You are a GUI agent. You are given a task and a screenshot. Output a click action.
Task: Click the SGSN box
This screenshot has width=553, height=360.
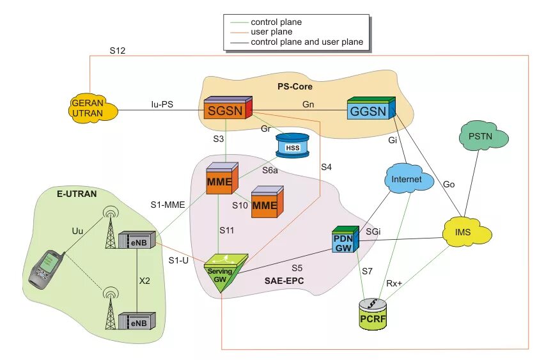[x=228, y=107]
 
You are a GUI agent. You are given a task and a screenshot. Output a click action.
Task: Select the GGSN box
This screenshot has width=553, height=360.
[x=371, y=108]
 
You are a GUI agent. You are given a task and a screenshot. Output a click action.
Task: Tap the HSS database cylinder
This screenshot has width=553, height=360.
[x=292, y=145]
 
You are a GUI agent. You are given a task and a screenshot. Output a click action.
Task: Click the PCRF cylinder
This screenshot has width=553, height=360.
[x=373, y=315]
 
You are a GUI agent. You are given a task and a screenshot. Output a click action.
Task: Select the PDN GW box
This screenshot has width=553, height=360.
[x=345, y=239]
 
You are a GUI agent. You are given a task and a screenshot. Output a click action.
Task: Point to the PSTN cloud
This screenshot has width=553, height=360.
[x=483, y=136]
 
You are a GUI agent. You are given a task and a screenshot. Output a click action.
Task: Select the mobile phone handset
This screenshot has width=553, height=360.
[x=46, y=269]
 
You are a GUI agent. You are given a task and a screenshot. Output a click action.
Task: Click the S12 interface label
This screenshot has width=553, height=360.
[x=118, y=51]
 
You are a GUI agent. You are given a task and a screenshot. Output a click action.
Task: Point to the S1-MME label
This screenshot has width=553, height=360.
[x=167, y=205]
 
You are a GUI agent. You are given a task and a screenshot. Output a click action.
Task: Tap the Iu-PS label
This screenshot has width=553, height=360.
[x=162, y=104]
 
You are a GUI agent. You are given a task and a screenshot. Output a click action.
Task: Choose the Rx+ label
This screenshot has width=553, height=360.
[x=394, y=283]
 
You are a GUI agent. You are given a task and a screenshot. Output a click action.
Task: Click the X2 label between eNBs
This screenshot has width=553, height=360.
[x=144, y=281]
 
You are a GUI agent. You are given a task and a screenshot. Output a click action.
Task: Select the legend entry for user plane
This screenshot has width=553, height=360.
[x=261, y=32]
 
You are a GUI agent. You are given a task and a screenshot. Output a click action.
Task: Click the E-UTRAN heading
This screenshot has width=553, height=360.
[x=77, y=194]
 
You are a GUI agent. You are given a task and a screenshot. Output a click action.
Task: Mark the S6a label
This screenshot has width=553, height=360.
[x=270, y=170]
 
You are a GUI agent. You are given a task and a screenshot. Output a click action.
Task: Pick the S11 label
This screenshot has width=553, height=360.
[x=226, y=230]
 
